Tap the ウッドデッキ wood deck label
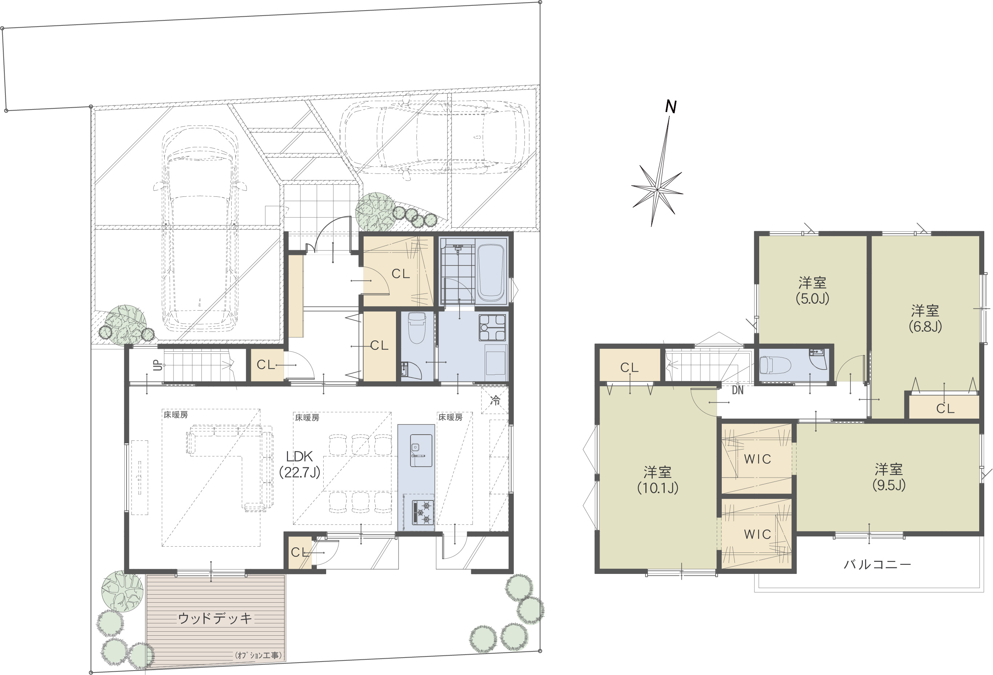(x=215, y=618)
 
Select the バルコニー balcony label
(x=877, y=564)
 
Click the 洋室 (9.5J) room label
(x=889, y=477)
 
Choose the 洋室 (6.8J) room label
(x=925, y=318)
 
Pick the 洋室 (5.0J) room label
(x=812, y=290)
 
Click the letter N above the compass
(x=671, y=107)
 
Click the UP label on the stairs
(x=158, y=365)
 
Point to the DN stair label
(x=737, y=390)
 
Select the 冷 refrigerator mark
(x=495, y=400)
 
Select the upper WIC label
(x=758, y=459)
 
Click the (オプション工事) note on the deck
(x=258, y=655)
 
